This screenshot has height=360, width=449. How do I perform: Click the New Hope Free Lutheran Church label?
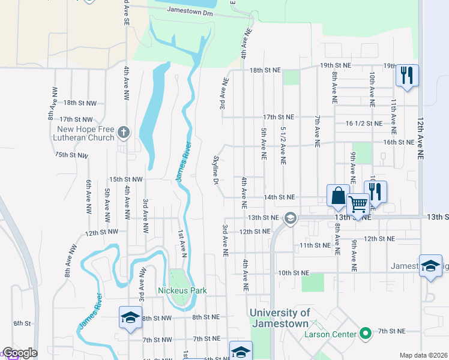tap(85, 133)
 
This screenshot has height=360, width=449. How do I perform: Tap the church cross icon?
tap(123, 132)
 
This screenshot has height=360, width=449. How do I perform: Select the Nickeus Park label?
tap(182, 290)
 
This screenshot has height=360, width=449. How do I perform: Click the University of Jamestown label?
tap(280, 318)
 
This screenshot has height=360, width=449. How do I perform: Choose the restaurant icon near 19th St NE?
tap(407, 75)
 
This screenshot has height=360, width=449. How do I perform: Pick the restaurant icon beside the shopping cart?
tap(375, 192)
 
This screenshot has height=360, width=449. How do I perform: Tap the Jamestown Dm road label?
tap(190, 11)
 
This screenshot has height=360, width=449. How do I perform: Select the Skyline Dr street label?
tap(214, 169)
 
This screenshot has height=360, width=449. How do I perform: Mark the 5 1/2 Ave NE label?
tap(282, 146)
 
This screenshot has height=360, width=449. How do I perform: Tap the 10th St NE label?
tap(293, 272)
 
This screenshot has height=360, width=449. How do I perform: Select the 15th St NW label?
tap(125, 179)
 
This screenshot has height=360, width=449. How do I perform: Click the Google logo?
tap(20, 353)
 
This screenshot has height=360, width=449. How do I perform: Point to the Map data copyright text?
tap(423, 355)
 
